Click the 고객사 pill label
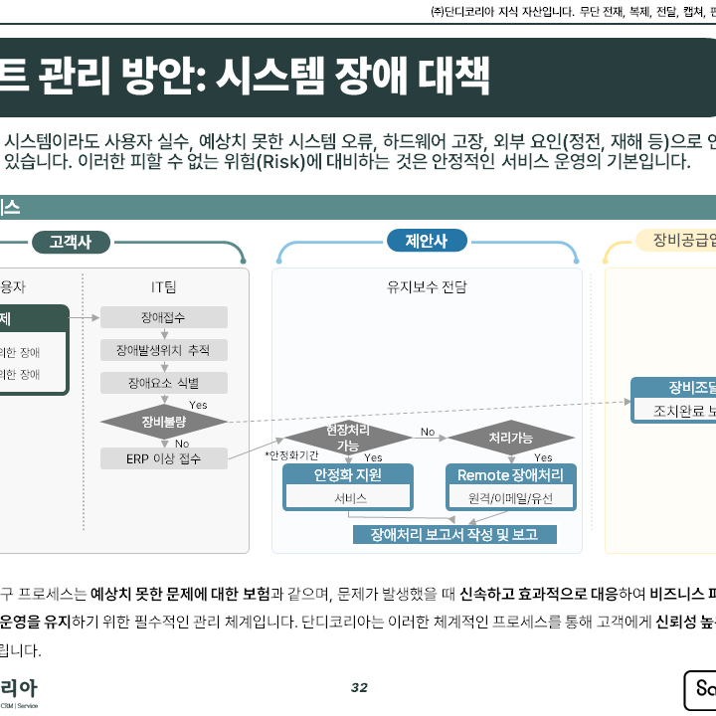coord(70,243)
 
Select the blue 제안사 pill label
coord(426,241)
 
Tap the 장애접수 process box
coord(163,317)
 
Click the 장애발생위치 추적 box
coord(163,350)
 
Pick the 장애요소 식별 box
coord(163,383)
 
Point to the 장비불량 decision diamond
coord(163,421)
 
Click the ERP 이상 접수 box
coord(163,458)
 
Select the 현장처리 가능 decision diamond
coord(348,438)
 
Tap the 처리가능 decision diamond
coord(510,438)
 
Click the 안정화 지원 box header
coord(347,475)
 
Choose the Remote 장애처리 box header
coord(510,475)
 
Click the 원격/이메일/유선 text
coord(510,498)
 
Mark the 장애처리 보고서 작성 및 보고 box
coord(454,535)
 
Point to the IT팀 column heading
coord(163,287)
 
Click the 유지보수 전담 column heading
coord(427,287)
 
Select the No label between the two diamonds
coord(428,432)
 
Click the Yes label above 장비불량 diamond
coord(198,405)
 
